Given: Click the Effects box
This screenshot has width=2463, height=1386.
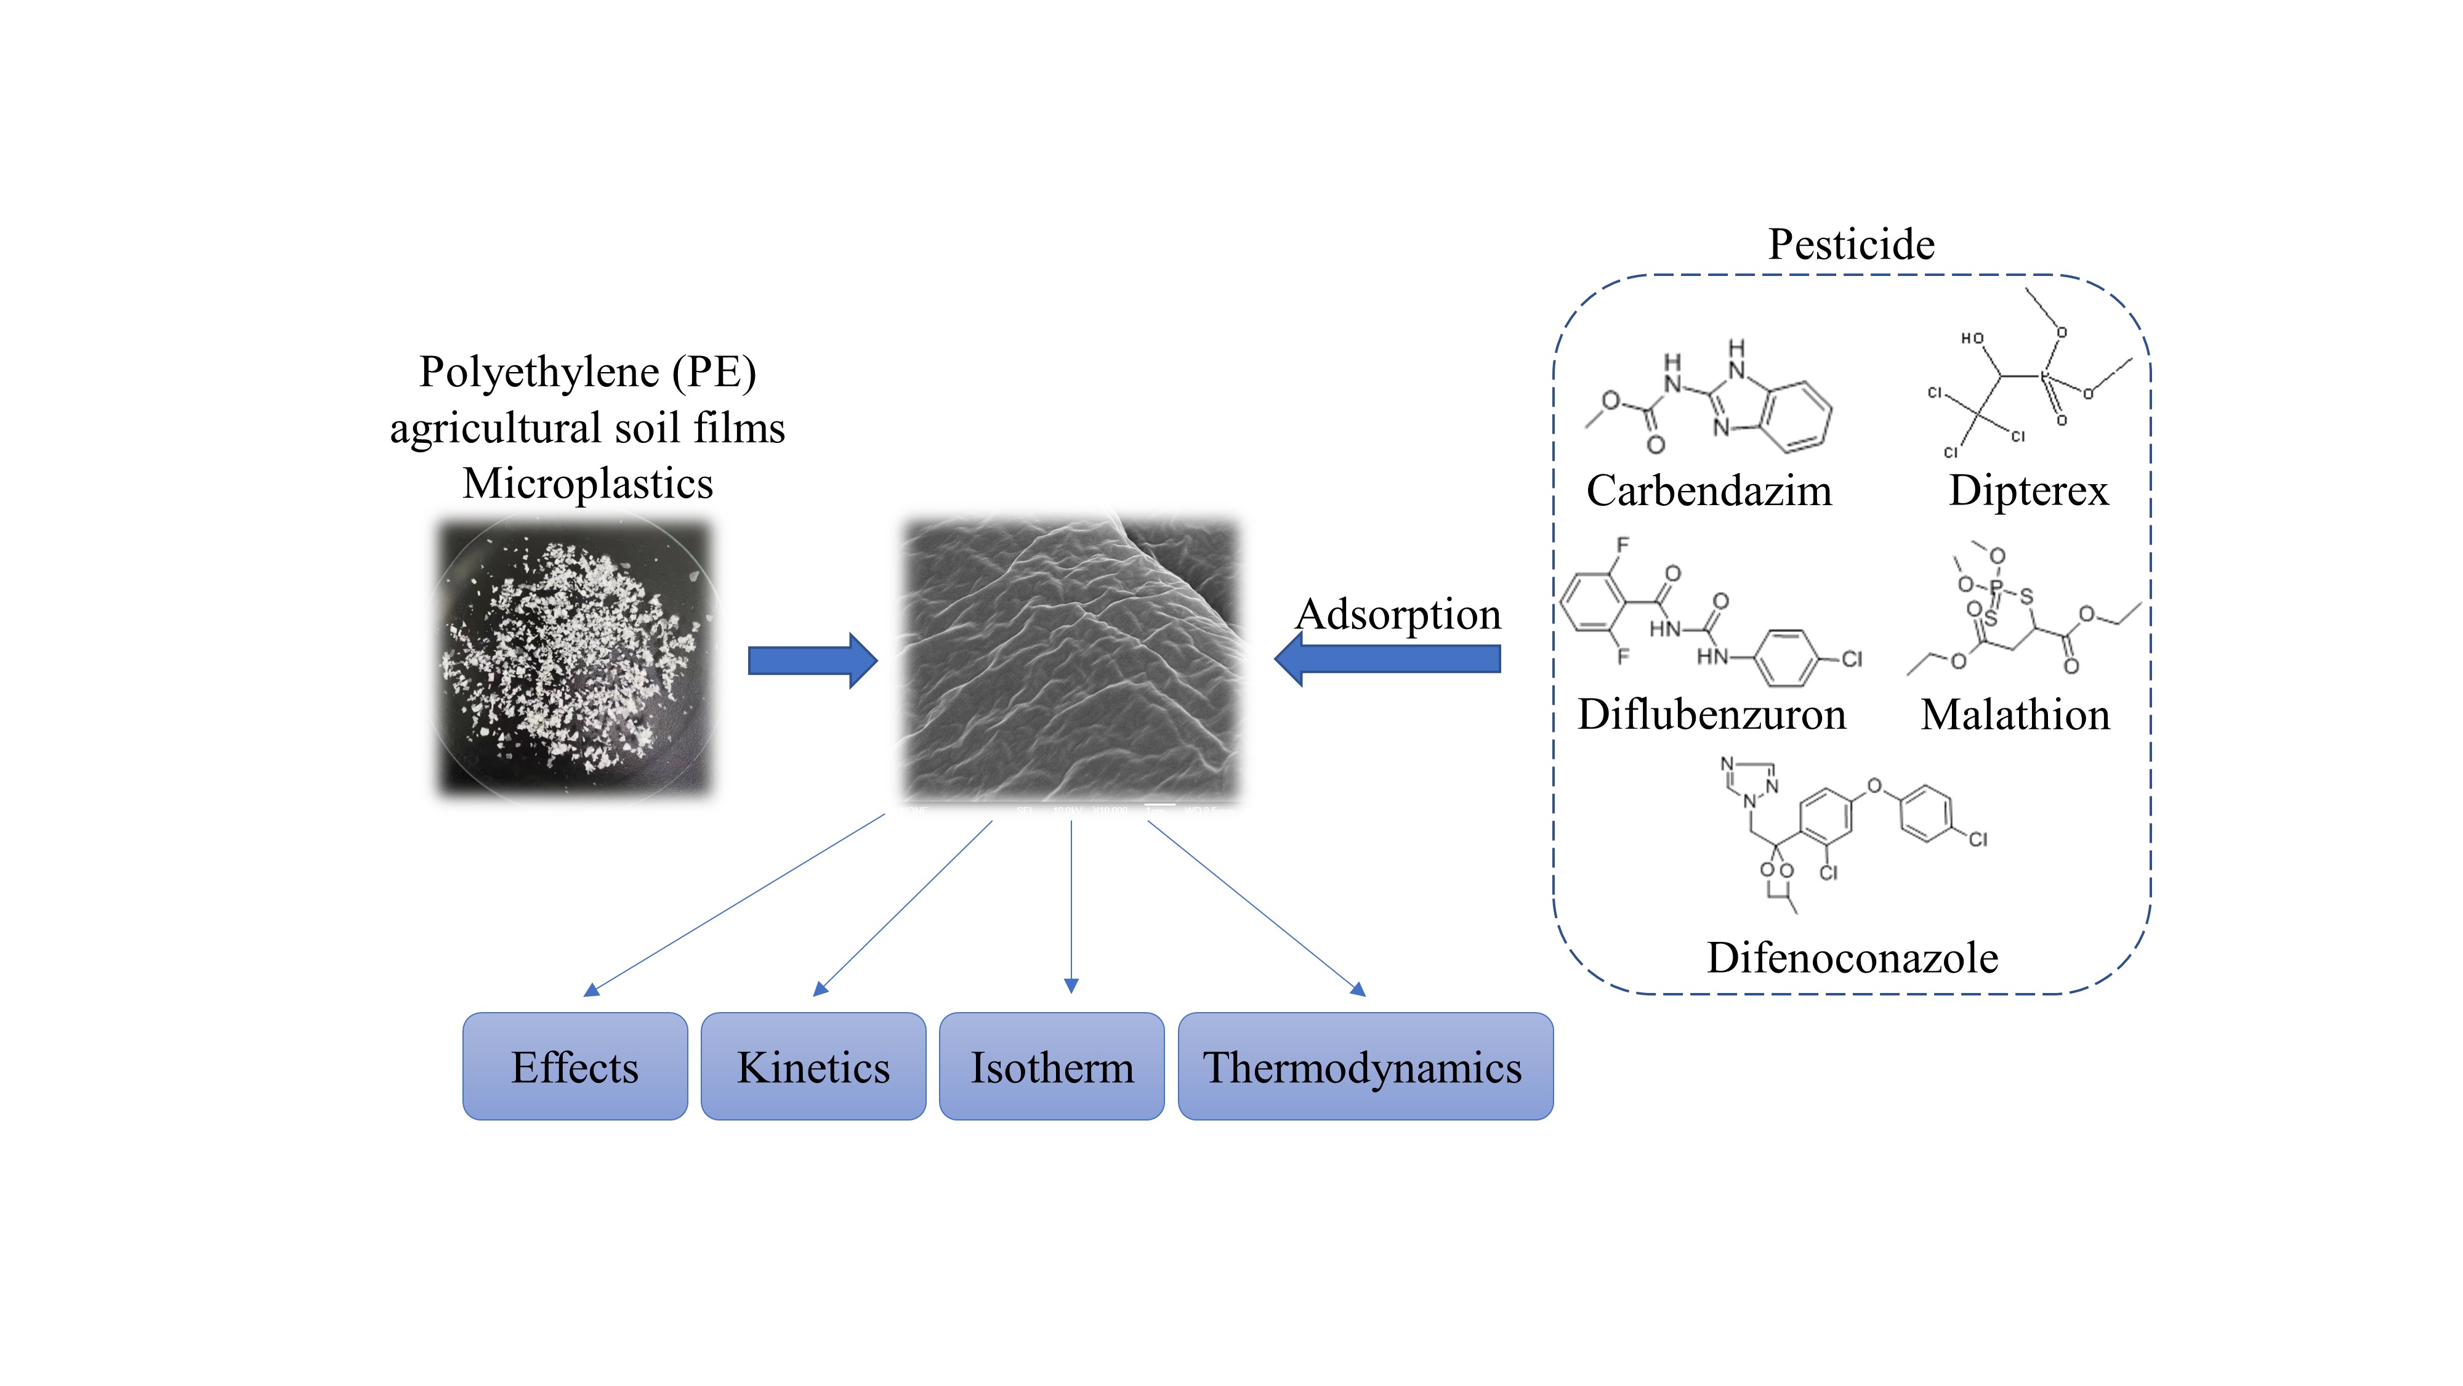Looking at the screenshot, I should point(574,1066).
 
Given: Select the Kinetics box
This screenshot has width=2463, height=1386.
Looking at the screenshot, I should point(813,1066).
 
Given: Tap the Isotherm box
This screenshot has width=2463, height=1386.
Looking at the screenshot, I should point(1052,1066).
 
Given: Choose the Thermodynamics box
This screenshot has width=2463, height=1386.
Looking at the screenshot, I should point(1365,1066).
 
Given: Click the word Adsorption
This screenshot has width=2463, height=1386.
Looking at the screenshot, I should point(1398,614).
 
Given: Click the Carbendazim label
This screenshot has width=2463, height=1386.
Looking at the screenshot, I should point(1709,491).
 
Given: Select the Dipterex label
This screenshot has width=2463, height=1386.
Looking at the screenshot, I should point(2028,491).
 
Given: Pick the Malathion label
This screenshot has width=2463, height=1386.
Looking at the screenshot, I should point(2015,715).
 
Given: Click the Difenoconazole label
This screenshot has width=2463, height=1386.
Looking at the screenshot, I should point(1852,957).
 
